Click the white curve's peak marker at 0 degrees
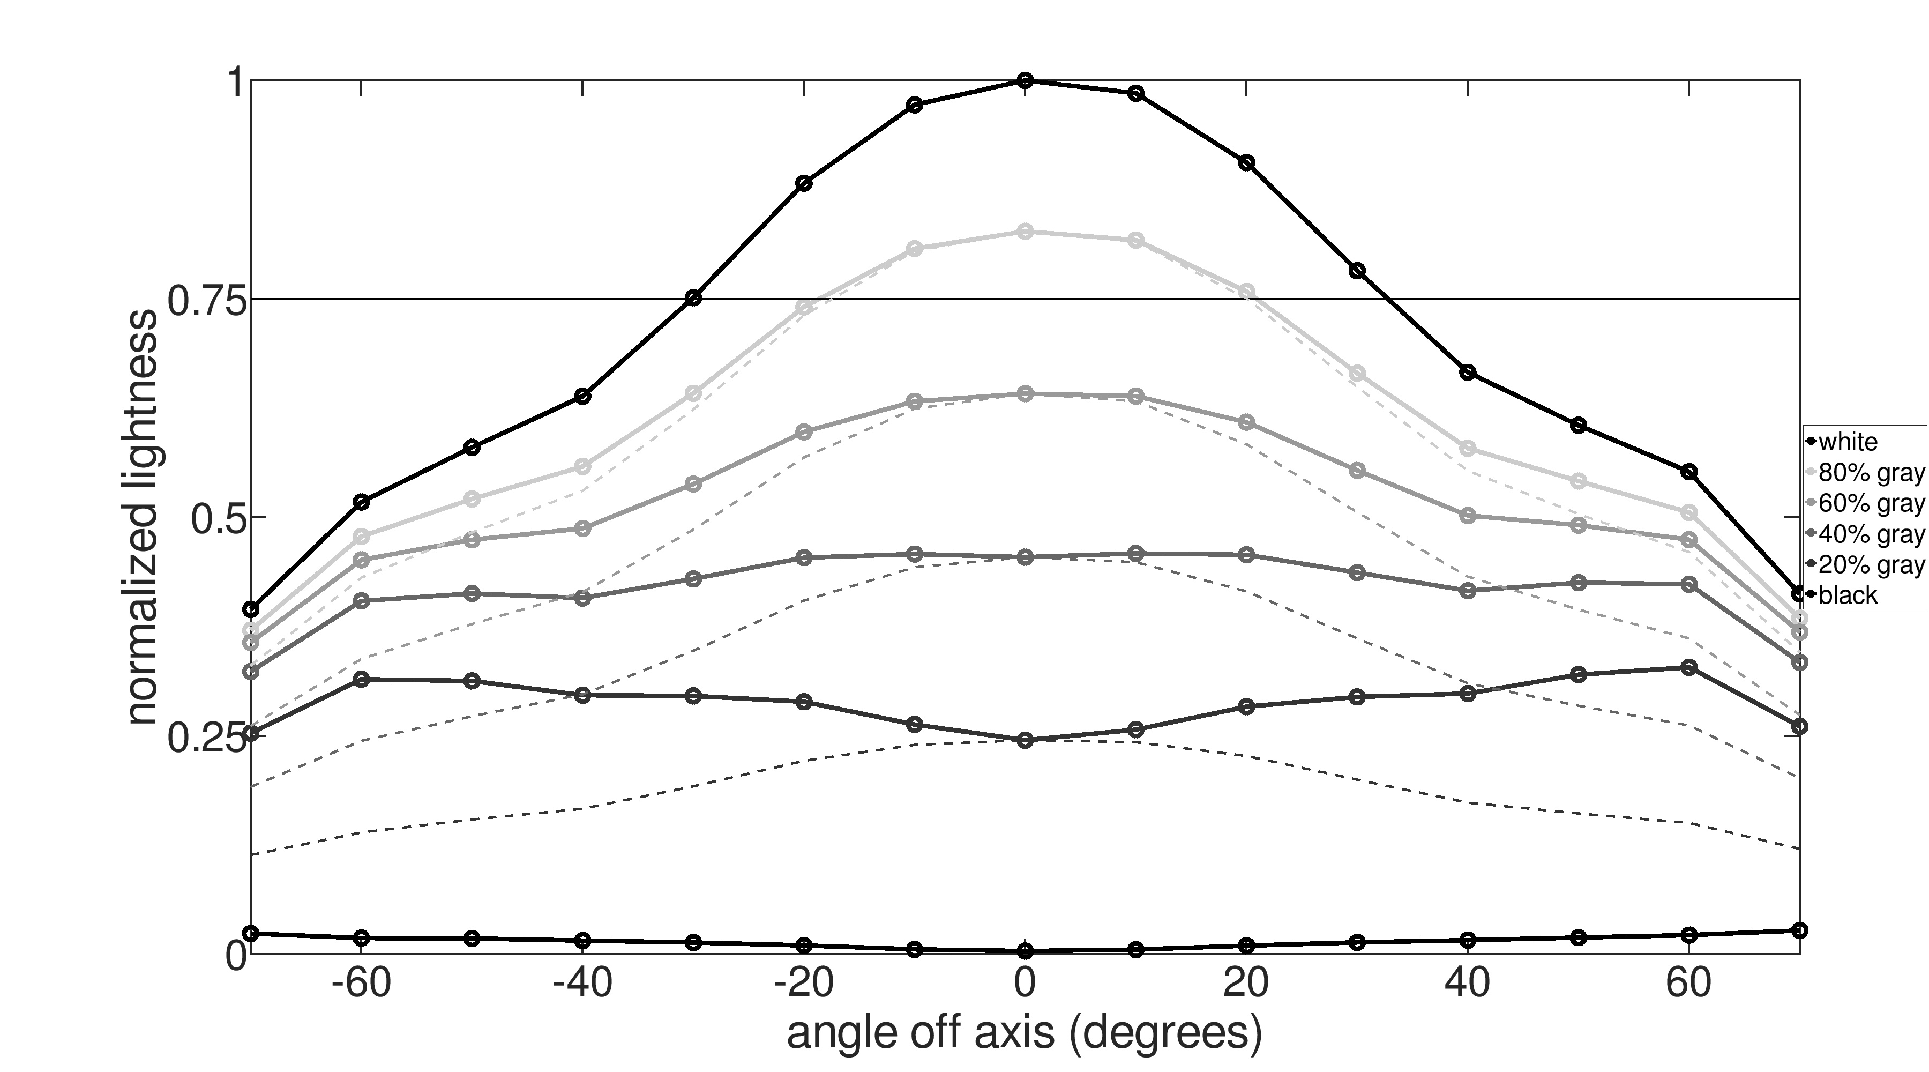tap(1026, 80)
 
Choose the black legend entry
tap(1848, 595)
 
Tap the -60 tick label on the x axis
tap(361, 984)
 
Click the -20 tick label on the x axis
tap(804, 984)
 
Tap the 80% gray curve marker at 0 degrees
tap(1026, 232)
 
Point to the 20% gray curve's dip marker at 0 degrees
tap(1026, 741)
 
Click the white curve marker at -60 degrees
tap(362, 501)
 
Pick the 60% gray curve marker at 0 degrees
tap(1026, 394)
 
